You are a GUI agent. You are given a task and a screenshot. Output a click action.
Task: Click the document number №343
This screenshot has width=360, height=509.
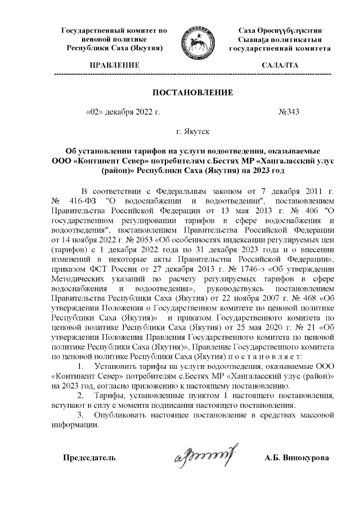point(289,111)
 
